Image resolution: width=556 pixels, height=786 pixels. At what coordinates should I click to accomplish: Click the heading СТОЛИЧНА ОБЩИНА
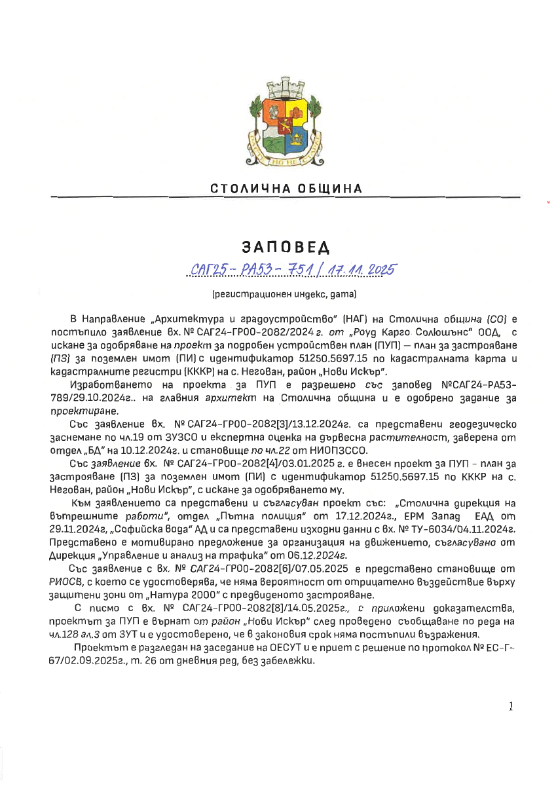pyautogui.click(x=286, y=189)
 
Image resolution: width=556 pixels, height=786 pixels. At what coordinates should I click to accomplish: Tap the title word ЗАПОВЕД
pyautogui.click(x=286, y=248)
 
